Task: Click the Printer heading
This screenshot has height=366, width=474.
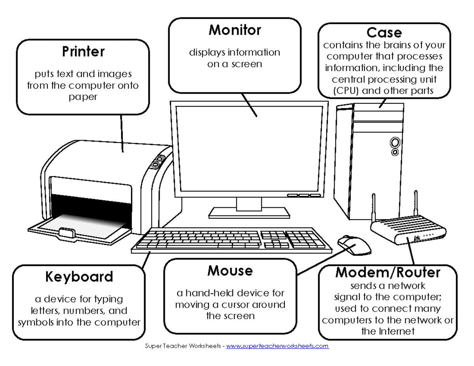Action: click(x=83, y=52)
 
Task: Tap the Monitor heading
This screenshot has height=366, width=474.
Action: click(x=235, y=30)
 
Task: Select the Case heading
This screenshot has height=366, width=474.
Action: click(x=384, y=33)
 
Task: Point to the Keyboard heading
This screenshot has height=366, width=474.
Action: click(x=79, y=277)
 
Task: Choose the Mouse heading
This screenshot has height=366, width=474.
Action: click(x=230, y=271)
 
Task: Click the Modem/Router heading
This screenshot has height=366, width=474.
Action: click(x=388, y=272)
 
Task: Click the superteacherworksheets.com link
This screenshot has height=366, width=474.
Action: click(x=277, y=346)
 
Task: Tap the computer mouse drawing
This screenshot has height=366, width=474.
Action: click(x=354, y=245)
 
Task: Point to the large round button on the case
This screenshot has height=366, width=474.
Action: click(x=395, y=143)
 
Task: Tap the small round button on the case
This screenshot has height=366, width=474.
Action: click(x=395, y=152)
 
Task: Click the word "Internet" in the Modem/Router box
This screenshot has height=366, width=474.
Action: click(x=397, y=331)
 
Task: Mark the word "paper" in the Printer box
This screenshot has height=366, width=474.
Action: click(x=83, y=97)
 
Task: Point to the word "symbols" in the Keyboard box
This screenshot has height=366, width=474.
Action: click(x=36, y=323)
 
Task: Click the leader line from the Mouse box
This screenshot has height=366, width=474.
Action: click(x=327, y=260)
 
